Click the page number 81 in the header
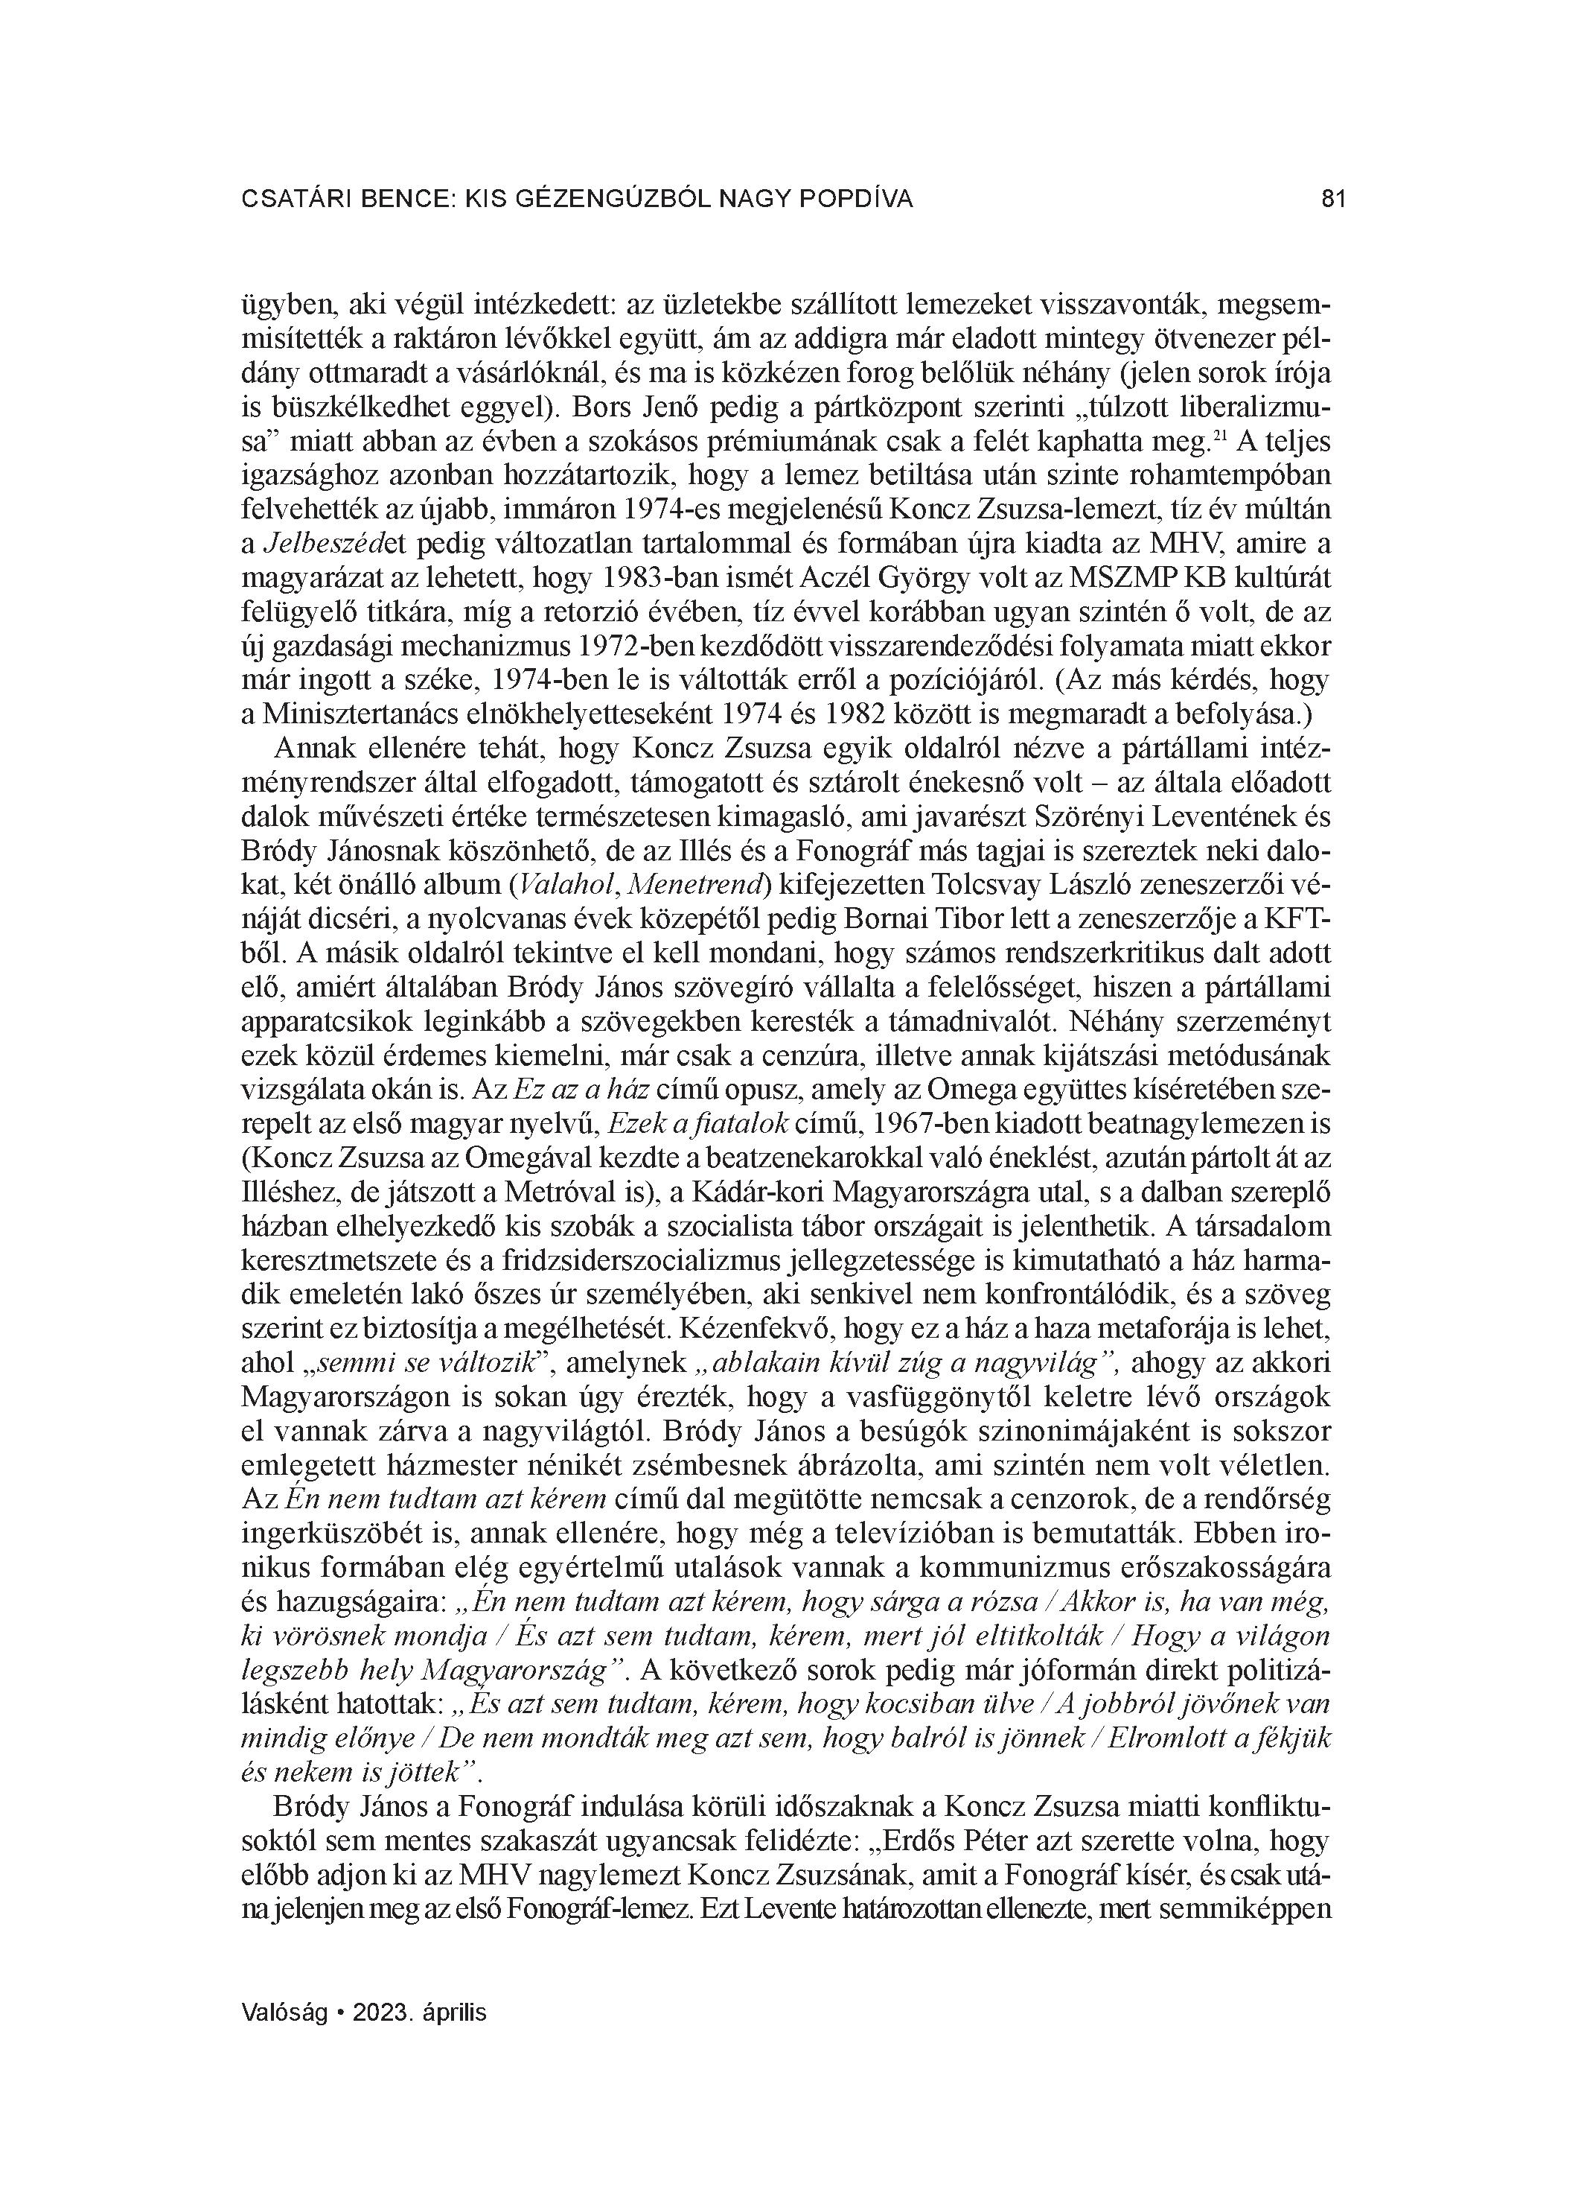click(x=1333, y=200)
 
